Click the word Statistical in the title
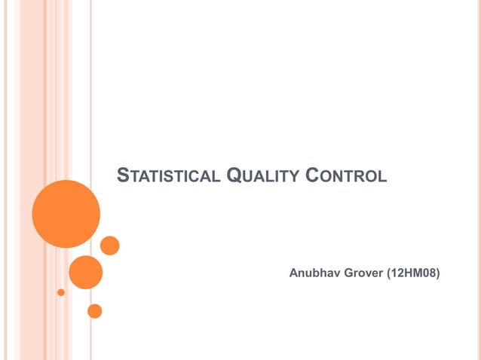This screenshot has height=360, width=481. point(168,176)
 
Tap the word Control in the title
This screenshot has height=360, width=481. point(347,176)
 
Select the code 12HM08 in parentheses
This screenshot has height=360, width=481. point(412,271)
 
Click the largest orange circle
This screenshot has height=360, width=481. point(66,214)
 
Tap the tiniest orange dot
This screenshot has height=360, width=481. point(61,291)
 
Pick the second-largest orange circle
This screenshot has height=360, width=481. point(85,272)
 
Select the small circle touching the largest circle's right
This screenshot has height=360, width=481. point(110,246)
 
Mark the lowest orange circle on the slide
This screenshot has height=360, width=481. point(94,310)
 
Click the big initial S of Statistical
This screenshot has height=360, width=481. point(123,176)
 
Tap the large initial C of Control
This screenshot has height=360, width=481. point(313,176)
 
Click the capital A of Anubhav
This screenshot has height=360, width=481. point(294,271)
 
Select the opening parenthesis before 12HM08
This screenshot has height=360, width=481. point(388,271)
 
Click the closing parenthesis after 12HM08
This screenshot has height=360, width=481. point(437,271)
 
